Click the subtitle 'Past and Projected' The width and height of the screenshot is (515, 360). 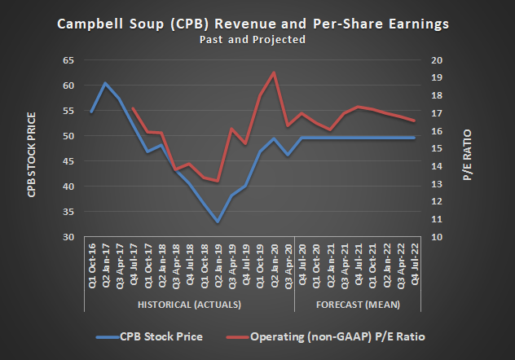pos(256,39)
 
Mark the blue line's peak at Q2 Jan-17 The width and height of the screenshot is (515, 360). pos(105,83)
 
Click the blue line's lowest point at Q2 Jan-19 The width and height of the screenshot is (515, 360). pos(218,222)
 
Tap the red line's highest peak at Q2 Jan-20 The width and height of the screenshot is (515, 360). pos(274,72)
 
